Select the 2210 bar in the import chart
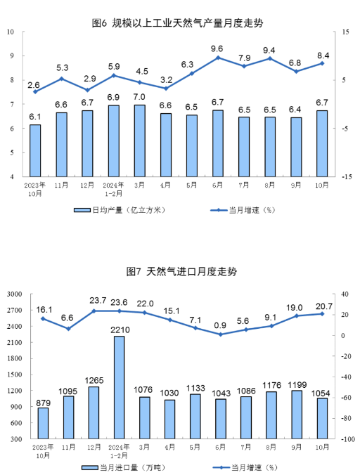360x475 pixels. pos(118,386)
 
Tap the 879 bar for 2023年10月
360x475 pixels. pos(44,422)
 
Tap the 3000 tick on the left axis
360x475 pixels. pos(15,294)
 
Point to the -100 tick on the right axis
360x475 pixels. pos(345,439)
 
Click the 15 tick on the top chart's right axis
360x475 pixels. pos(345,32)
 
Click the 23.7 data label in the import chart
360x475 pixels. pos(94,301)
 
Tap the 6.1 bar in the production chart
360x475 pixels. pos(35,150)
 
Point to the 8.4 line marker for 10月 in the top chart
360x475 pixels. pos(322,63)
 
